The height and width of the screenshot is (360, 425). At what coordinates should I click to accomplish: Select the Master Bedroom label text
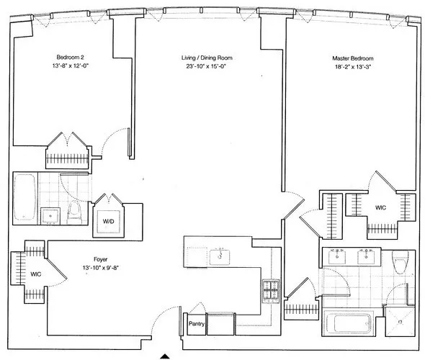[351, 58]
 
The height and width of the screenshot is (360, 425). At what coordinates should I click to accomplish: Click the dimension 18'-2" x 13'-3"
[351, 67]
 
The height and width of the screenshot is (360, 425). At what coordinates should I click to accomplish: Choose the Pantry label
[195, 324]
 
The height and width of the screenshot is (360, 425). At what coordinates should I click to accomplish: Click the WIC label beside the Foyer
[37, 274]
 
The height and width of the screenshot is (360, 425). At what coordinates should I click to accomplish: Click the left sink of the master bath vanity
[338, 255]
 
